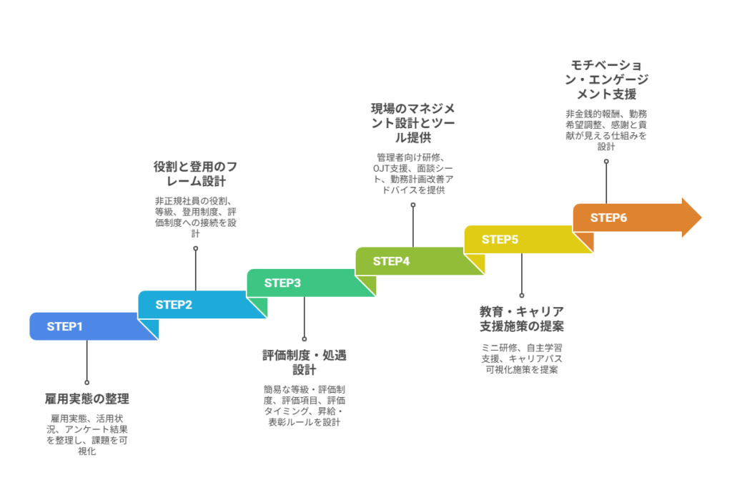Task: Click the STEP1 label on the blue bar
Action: (x=65, y=327)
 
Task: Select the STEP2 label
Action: (x=174, y=305)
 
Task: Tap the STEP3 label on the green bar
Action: (x=282, y=283)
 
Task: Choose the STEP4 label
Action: (x=391, y=261)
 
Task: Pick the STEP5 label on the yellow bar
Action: (x=500, y=240)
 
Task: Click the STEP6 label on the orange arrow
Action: (x=608, y=218)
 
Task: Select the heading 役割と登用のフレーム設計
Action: (x=196, y=174)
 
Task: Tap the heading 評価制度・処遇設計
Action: (x=305, y=362)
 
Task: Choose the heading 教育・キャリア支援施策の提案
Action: (x=521, y=319)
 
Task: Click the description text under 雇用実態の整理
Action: (x=87, y=434)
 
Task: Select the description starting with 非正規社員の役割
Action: (x=196, y=217)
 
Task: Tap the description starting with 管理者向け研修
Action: (x=413, y=174)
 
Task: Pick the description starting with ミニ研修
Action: (x=521, y=358)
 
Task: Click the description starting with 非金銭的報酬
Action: (x=607, y=130)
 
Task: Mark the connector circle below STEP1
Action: (x=87, y=383)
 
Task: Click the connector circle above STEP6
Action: (x=607, y=161)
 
